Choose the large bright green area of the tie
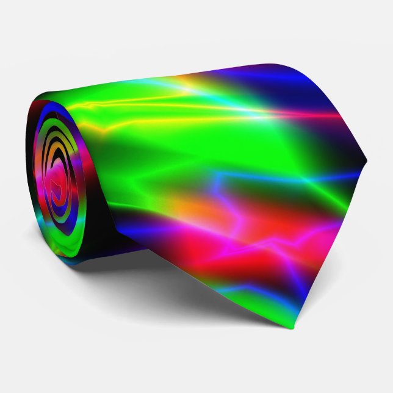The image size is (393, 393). [183, 146]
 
